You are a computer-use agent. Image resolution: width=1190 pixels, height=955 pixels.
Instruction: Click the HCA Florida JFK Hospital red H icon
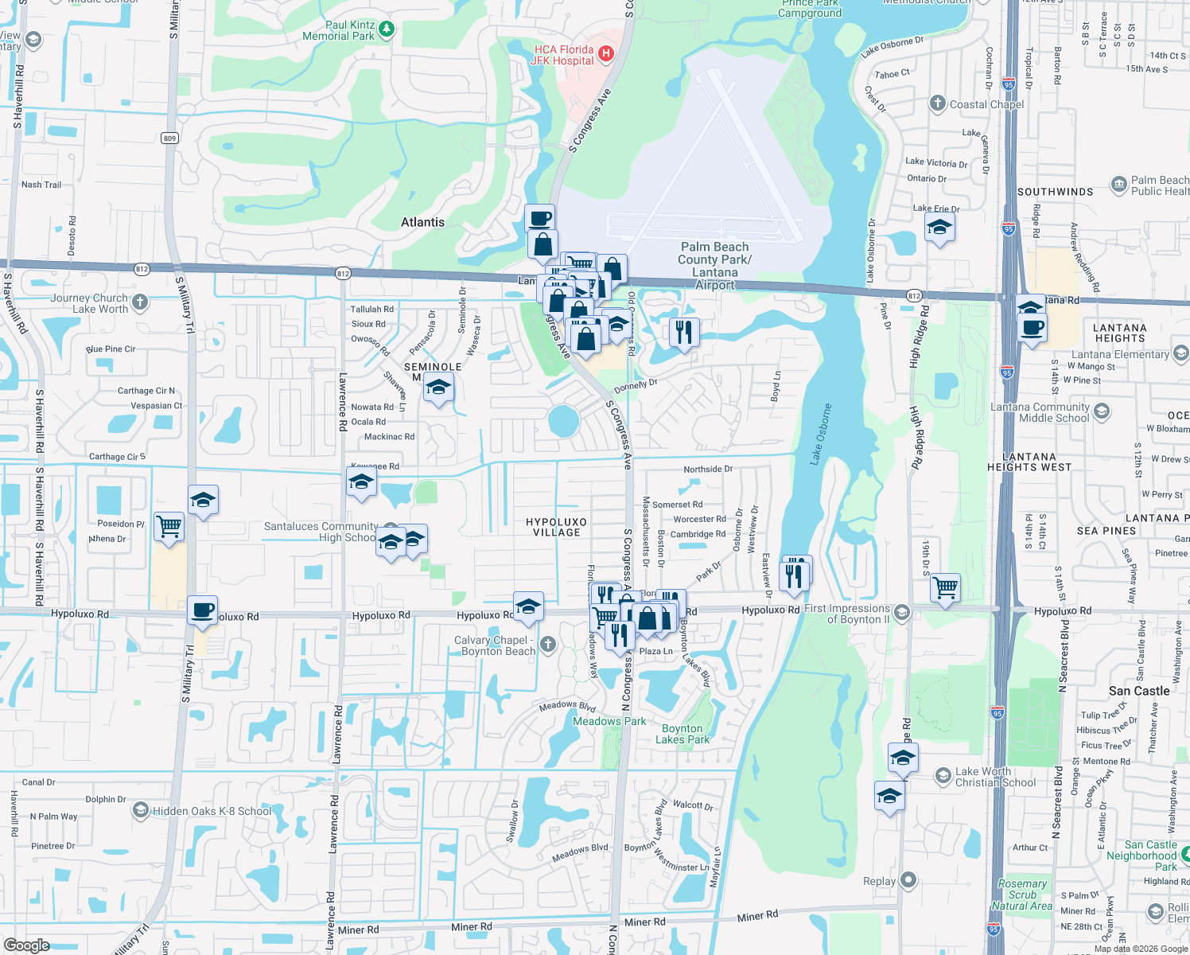point(605,53)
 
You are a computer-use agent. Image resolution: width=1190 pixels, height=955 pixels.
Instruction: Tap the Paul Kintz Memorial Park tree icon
point(386,29)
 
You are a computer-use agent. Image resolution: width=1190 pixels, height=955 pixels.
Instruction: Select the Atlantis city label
point(422,222)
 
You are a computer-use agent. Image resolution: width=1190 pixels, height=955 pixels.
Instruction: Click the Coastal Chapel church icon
point(938,103)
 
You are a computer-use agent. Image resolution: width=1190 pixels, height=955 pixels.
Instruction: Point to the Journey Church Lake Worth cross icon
point(140,302)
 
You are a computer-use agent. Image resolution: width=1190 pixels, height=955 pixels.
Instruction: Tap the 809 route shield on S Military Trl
point(169,138)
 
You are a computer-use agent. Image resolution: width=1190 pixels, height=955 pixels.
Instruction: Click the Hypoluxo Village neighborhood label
point(556,527)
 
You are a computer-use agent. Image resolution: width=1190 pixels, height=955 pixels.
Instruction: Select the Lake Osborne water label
point(821,434)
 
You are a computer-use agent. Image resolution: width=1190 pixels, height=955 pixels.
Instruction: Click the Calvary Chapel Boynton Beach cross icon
point(547,645)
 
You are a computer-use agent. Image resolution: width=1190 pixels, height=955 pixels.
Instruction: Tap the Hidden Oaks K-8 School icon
point(140,810)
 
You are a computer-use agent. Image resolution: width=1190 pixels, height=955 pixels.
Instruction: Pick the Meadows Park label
point(609,721)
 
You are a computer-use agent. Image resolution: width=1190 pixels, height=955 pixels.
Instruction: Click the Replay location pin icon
point(908,880)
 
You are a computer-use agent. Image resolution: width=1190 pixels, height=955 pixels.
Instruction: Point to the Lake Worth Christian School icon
point(943,775)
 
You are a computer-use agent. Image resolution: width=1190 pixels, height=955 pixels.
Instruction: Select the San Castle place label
point(1139,691)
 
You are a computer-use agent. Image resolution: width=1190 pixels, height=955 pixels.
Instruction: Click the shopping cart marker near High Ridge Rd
point(945,588)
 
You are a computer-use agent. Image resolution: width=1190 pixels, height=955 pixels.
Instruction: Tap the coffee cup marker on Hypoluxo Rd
point(203,610)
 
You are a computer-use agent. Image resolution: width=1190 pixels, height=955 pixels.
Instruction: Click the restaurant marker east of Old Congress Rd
point(684,331)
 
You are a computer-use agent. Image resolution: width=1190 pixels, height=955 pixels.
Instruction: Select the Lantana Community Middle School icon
point(1102,411)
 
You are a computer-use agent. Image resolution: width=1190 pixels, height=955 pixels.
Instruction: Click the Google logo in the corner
point(26,945)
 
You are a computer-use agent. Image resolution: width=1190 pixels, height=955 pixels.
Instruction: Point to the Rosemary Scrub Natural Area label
point(1022,895)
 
